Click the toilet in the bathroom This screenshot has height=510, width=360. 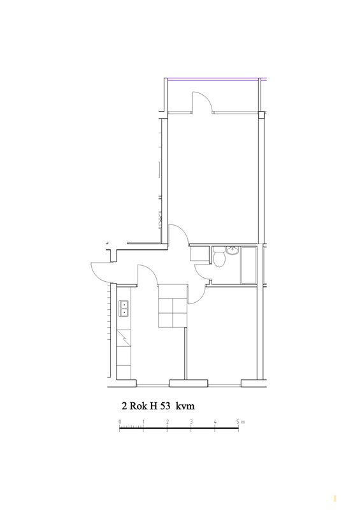pos(219,257)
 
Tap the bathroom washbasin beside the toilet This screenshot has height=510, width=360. pos(233,250)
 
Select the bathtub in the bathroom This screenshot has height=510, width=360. pos(248,265)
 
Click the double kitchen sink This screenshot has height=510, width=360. pos(124,308)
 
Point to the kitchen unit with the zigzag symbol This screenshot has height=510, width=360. pos(124,338)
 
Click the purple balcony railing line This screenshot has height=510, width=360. pos(215,78)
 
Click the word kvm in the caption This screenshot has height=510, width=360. pos(185,406)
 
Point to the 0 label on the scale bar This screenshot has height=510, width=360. pos(120,422)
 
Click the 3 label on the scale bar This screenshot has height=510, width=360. pos(191,422)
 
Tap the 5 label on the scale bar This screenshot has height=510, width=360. pos(238,422)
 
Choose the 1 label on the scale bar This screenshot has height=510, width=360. pos(143,422)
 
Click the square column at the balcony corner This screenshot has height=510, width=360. pos(261,115)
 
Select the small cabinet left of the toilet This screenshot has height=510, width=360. pos(199,254)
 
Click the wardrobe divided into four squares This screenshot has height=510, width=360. pos(173,305)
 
